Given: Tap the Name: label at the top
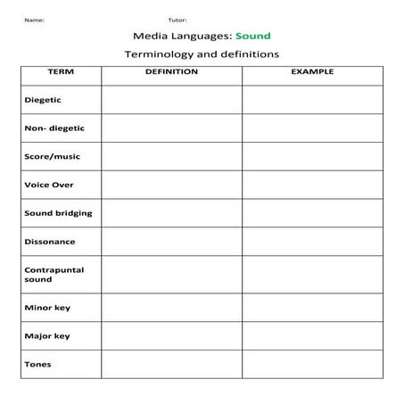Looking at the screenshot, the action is coord(34,19).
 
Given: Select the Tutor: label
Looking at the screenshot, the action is coord(177,19).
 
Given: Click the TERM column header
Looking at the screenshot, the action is coord(60,71).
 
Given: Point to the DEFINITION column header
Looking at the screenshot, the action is coord(171,71).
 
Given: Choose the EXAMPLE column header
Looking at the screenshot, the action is coord(312,71).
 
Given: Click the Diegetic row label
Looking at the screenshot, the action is coord(43,100).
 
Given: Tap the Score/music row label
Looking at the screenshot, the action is coord(52,156).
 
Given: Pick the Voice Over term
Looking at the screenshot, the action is coord(49,185).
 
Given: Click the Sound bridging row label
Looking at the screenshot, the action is coord(58,213).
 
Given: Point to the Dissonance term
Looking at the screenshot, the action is coord(50,242).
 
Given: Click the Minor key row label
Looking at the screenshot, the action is coord(47,308).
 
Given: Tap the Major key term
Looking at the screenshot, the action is coord(47,336).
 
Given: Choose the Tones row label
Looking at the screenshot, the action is coord(37,364).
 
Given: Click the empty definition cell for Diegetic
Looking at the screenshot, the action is coord(171,100).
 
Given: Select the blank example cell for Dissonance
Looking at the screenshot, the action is coord(312,242).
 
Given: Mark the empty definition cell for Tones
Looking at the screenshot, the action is coord(171,364).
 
